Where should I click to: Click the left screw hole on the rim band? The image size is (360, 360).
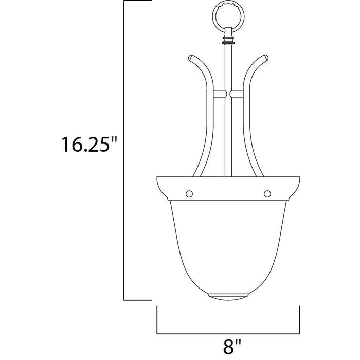tap(189, 193)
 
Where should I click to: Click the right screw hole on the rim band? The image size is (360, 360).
tap(266, 193)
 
